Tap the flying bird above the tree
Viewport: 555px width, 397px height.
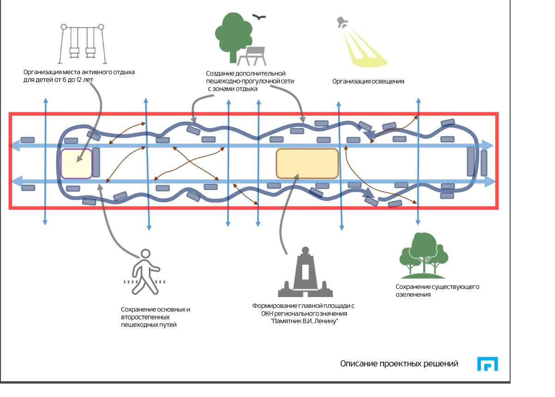(259, 17)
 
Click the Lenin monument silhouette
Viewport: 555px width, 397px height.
(305, 273)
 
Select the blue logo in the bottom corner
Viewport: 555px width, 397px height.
(487, 364)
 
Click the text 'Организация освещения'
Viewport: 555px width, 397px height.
(368, 81)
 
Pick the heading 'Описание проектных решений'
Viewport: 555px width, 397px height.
(399, 364)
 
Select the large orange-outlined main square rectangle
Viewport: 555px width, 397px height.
(307, 163)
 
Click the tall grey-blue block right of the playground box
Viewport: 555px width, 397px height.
(96, 162)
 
